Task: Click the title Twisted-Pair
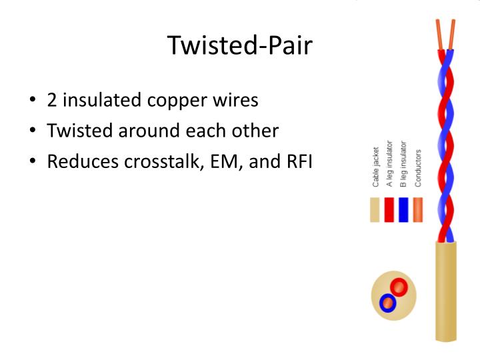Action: pyautogui.click(x=239, y=45)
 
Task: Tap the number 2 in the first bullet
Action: pyautogui.click(x=51, y=101)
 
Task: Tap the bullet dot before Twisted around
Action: pyautogui.click(x=33, y=131)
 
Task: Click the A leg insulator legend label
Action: pyautogui.click(x=390, y=164)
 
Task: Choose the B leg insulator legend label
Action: pyautogui.click(x=403, y=164)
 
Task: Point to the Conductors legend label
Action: pyautogui.click(x=418, y=167)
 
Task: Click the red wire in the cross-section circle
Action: pyautogui.click(x=399, y=287)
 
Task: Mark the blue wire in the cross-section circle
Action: pyautogui.click(x=387, y=303)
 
